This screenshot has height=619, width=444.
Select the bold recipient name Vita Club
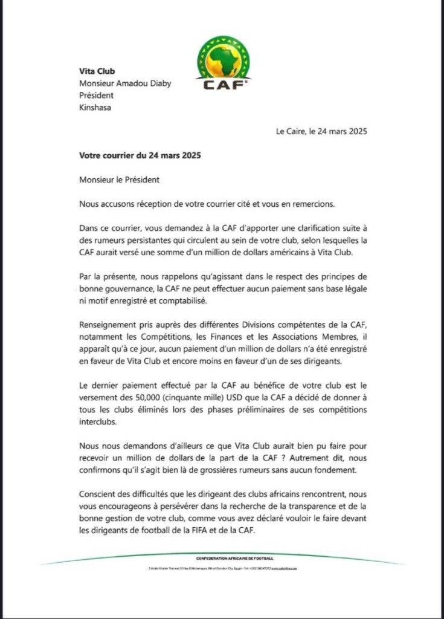[x=98, y=71]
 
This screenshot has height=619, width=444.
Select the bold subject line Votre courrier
[x=140, y=155]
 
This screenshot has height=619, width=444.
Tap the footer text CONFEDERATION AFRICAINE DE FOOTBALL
[x=235, y=557]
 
